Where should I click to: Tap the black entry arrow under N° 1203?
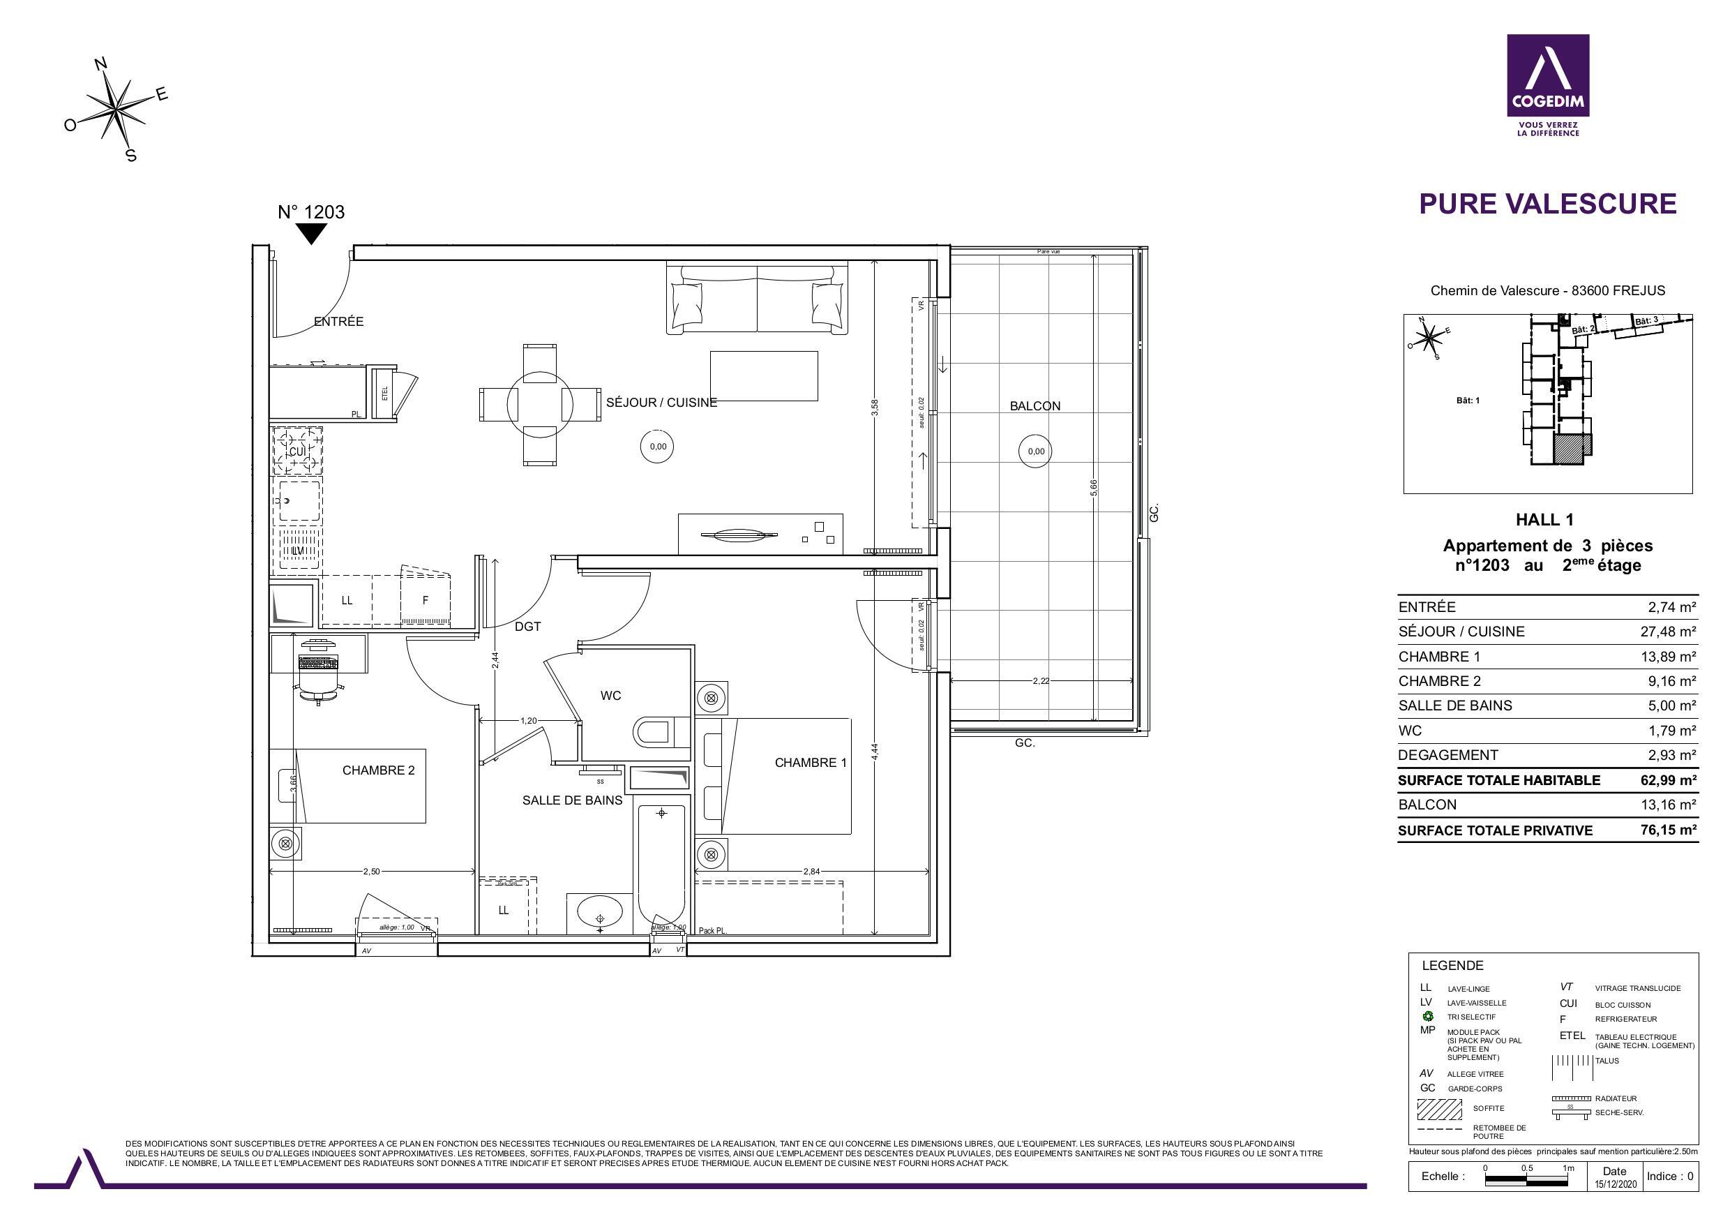[x=310, y=234]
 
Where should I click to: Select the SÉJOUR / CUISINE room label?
[x=661, y=403]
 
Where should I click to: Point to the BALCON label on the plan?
[x=1035, y=406]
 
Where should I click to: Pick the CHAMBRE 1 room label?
[x=810, y=763]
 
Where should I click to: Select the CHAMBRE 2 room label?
[x=378, y=770]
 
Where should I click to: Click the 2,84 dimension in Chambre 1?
[x=811, y=872]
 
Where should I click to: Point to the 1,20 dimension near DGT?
[x=528, y=721]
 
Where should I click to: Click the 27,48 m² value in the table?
[x=1667, y=632]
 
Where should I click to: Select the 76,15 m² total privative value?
[x=1667, y=830]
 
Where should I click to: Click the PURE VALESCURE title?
[x=1548, y=204]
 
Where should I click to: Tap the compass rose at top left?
[x=116, y=110]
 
